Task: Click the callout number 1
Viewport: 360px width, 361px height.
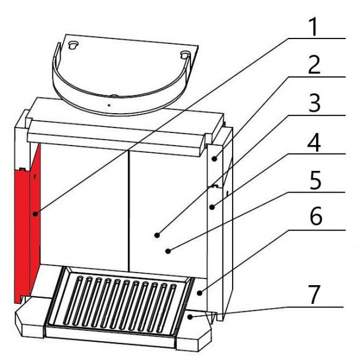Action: [x=314, y=27]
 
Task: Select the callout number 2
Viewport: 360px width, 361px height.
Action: [x=314, y=65]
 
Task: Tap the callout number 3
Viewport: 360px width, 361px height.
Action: [x=314, y=103]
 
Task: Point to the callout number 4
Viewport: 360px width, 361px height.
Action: [x=314, y=142]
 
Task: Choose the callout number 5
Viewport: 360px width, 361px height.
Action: [x=315, y=180]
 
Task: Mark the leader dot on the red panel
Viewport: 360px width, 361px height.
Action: [x=35, y=214]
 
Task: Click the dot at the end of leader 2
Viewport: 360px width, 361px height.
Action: [x=215, y=159]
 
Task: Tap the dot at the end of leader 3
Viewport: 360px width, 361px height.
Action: [x=157, y=235]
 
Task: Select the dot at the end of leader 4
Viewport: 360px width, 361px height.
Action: [x=212, y=207]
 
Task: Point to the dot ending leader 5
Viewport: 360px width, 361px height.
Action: [x=168, y=251]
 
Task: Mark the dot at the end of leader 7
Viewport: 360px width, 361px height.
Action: [x=190, y=317]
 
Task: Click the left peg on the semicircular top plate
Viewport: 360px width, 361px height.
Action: [x=73, y=45]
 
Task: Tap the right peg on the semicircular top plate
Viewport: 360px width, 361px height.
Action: [x=185, y=55]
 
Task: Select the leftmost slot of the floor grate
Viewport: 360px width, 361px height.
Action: [x=71, y=299]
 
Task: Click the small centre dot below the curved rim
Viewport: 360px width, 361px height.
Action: [x=109, y=105]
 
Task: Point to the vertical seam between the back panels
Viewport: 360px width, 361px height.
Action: [x=129, y=210]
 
